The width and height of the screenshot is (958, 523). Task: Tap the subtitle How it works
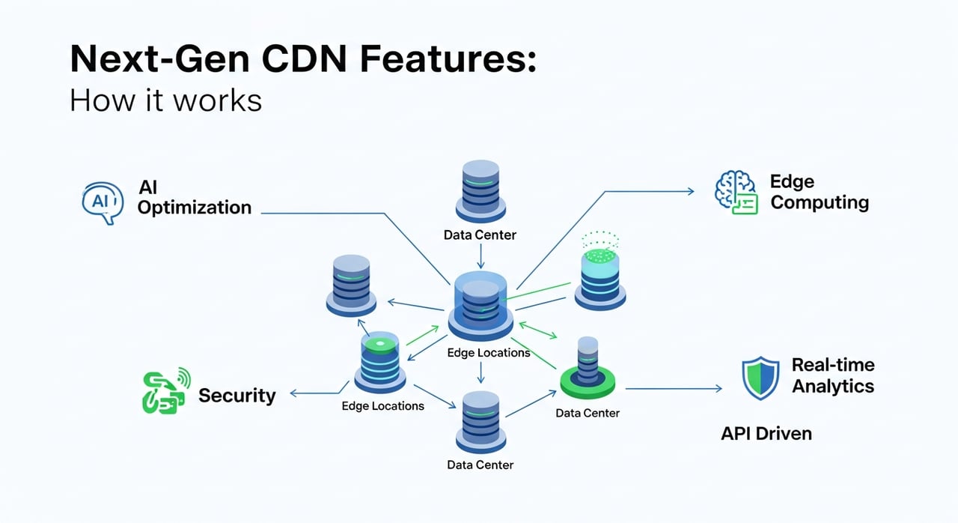click(x=165, y=99)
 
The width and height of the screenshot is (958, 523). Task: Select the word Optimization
click(x=195, y=208)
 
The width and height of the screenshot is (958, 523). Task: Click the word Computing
click(x=820, y=202)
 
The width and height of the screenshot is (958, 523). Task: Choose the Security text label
click(x=237, y=395)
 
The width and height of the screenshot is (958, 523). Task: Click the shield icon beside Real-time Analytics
click(x=760, y=378)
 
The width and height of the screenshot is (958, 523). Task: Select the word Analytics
click(x=833, y=387)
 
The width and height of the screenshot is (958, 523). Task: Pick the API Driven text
click(x=766, y=433)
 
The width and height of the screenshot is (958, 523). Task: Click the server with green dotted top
click(x=600, y=273)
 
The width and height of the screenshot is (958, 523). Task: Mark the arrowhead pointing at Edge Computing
click(x=690, y=192)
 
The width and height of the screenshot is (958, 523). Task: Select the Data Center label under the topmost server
click(x=480, y=235)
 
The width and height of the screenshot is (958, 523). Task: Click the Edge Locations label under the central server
click(x=488, y=352)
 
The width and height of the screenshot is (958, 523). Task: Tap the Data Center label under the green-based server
click(x=588, y=412)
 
